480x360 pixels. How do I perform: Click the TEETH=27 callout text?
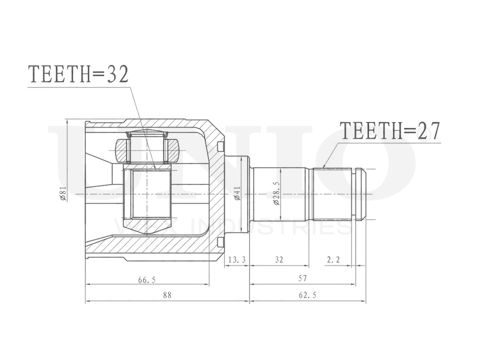coord(389,131)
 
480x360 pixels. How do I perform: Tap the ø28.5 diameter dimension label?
coord(276,194)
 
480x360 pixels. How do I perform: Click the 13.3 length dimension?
coord(237,260)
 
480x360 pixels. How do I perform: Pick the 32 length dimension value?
coord(279,260)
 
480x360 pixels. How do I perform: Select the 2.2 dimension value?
coord(333,260)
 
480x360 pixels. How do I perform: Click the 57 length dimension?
coord(302,278)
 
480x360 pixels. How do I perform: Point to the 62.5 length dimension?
coord(307,295)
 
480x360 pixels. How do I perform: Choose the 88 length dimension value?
coord(167,295)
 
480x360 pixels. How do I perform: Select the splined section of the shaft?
coord(332,194)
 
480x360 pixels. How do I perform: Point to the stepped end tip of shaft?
coord(360,194)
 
